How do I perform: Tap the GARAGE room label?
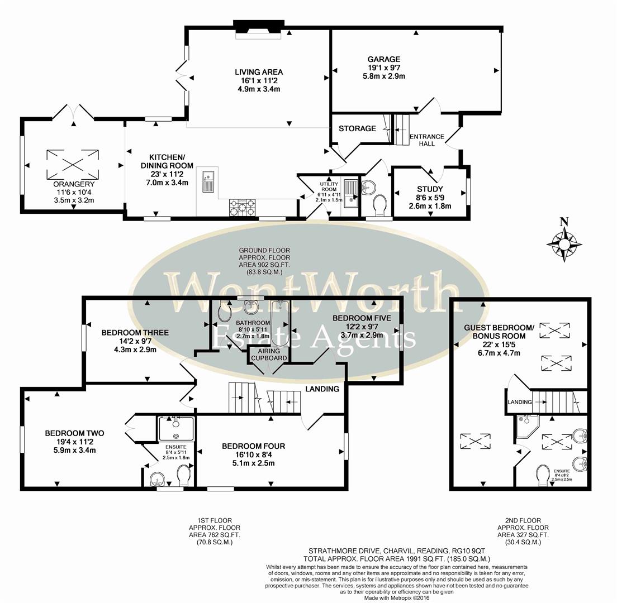coord(383,59)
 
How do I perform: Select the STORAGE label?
coord(357,128)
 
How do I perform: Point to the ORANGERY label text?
coord(74,184)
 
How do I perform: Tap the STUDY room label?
coord(430,189)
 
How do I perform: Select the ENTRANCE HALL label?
coord(426,140)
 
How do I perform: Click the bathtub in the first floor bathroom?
coord(279,322)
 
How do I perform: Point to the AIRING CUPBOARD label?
coord(269,354)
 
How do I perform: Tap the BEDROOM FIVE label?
coord(357,318)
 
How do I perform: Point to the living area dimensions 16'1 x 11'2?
coord(258,80)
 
